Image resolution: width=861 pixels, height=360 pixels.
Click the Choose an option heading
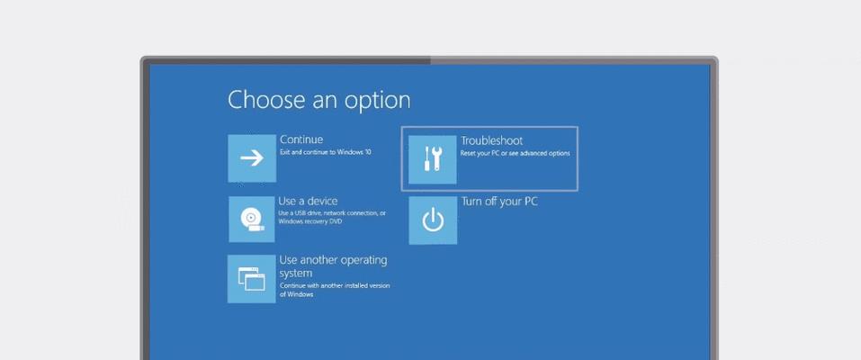coord(318,101)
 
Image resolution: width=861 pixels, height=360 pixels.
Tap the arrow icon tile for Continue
coord(252,158)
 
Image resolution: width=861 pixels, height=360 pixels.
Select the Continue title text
coord(301,139)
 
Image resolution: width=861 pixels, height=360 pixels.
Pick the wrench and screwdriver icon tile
coord(433,159)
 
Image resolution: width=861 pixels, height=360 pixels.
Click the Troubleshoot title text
coord(491,140)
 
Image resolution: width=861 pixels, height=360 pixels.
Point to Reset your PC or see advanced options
coord(515,153)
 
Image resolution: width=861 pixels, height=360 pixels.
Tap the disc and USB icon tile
coord(252,220)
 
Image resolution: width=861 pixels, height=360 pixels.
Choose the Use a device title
coord(308,202)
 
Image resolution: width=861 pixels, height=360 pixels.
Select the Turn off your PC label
coord(499,202)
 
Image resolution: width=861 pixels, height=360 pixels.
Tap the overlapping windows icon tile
coord(252,279)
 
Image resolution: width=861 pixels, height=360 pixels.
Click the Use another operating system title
coord(333,266)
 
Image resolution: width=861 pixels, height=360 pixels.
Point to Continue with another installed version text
coord(335,286)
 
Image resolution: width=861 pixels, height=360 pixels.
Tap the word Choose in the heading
coord(265,100)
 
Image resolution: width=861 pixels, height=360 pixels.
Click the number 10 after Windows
coord(368,152)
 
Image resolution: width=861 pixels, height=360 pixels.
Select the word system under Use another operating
coord(295,274)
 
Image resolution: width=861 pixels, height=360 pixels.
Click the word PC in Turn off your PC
coord(531,202)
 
